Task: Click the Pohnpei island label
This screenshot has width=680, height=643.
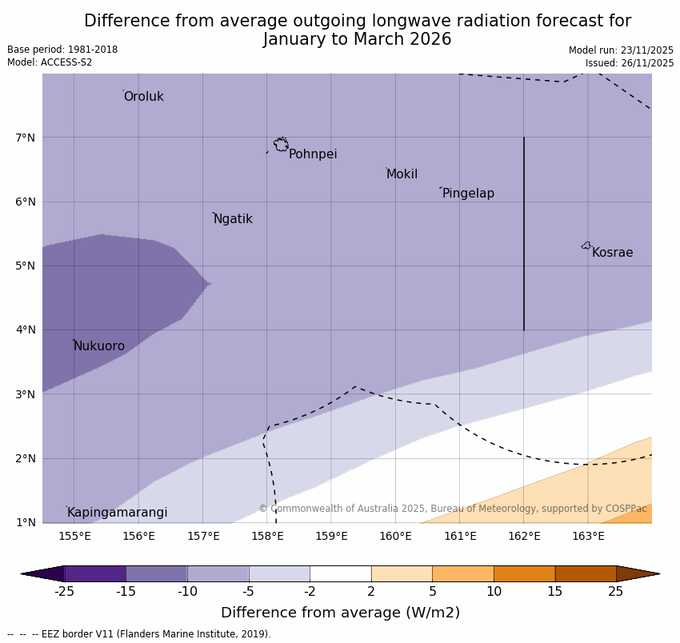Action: pos(313,154)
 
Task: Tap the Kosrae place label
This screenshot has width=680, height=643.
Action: pos(612,253)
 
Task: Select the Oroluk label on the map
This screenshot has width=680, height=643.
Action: pos(143,97)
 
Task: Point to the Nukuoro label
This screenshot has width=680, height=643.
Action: pos(99,346)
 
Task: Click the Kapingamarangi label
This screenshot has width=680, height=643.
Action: pos(117,513)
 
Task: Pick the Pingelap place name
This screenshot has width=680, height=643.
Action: pos(468,194)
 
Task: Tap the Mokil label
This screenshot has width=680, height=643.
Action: pos(402,174)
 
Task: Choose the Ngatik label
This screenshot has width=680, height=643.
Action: pos(233,219)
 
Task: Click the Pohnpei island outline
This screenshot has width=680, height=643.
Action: pos(281,145)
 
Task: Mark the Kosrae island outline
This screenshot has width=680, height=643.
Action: pos(586,246)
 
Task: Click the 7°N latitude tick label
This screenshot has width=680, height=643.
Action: pos(26,138)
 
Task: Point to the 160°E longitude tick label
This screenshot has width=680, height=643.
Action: pos(395,536)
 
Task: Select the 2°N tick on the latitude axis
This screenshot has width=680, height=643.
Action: pos(26,459)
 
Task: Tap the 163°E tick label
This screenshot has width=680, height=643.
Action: pos(588,536)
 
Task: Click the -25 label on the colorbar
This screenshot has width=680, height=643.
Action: pos(64,592)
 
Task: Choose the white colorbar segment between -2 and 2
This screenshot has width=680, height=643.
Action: pos(341,573)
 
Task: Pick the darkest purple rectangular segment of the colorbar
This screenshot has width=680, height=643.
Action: pos(95,573)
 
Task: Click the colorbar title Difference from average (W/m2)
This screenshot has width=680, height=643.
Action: pos(340,613)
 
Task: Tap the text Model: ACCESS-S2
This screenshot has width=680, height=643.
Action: pos(50,62)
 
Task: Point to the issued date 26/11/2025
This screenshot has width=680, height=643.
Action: pos(630,63)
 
